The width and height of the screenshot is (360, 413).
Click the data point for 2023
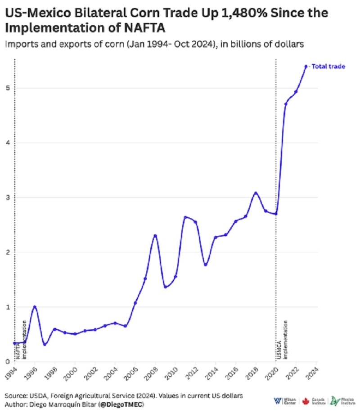(306, 66)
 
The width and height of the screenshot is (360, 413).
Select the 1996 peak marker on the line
(35, 307)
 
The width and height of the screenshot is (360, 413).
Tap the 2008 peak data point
(155, 236)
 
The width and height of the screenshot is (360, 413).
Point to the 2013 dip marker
(205, 265)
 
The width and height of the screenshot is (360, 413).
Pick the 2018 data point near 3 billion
(256, 193)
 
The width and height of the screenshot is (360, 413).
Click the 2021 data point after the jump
(286, 104)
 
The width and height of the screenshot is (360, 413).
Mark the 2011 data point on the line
(185, 217)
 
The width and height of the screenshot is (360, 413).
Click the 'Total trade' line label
(328, 67)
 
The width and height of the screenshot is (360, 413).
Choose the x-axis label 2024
(314, 373)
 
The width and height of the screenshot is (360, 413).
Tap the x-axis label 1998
(53, 373)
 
